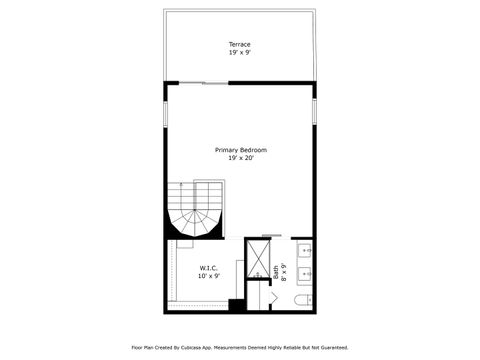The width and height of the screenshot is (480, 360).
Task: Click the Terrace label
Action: pyautogui.click(x=239, y=44)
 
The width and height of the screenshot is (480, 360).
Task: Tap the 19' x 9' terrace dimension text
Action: pyautogui.click(x=239, y=52)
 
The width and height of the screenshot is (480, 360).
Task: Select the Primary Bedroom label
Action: pyautogui.click(x=240, y=150)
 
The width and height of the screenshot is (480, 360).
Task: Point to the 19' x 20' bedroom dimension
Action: pyautogui.click(x=240, y=158)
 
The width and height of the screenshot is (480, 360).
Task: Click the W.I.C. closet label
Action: pyautogui.click(x=209, y=267)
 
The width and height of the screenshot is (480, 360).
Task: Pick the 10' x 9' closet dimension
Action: pyautogui.click(x=209, y=275)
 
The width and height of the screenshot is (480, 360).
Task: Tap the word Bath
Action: pyautogui.click(x=276, y=271)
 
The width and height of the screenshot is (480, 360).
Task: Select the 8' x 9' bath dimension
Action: pyautogui.click(x=284, y=271)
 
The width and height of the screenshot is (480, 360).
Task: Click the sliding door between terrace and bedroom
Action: pyautogui.click(x=200, y=82)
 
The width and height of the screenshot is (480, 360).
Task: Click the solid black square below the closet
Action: pyautogui.click(x=236, y=304)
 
